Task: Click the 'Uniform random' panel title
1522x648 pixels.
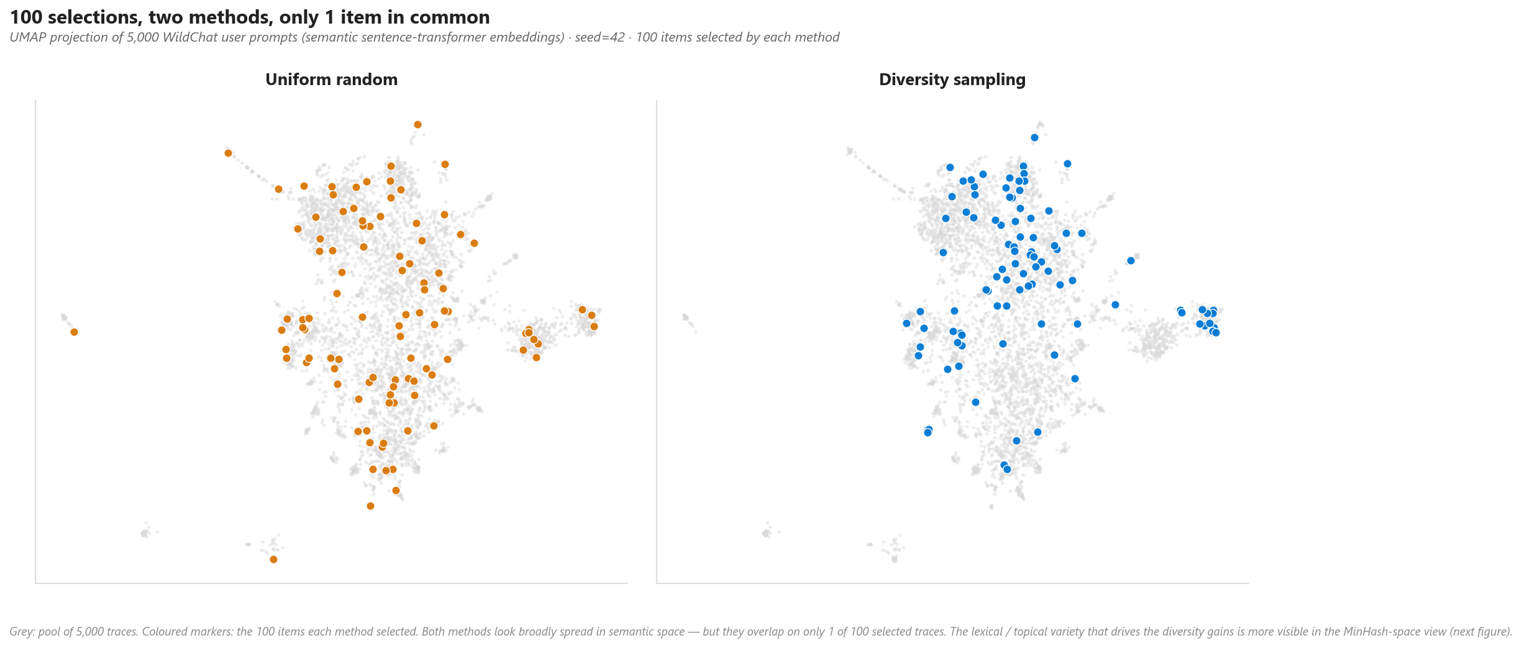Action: (x=331, y=80)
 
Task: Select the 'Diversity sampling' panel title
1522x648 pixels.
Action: (x=952, y=80)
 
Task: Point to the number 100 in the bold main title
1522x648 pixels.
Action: (x=26, y=17)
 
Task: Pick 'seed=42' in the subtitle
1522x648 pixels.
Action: (x=599, y=37)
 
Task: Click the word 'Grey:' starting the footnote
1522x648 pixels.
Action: (x=22, y=632)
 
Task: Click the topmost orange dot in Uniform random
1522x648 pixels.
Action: (x=417, y=125)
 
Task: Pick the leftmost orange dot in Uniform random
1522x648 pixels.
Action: (x=74, y=332)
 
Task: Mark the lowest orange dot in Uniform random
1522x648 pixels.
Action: (x=273, y=560)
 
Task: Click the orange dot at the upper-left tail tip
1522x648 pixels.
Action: (x=228, y=153)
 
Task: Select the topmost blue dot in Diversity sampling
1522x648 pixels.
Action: (x=1034, y=138)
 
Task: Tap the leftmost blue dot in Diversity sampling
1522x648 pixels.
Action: (x=906, y=324)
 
